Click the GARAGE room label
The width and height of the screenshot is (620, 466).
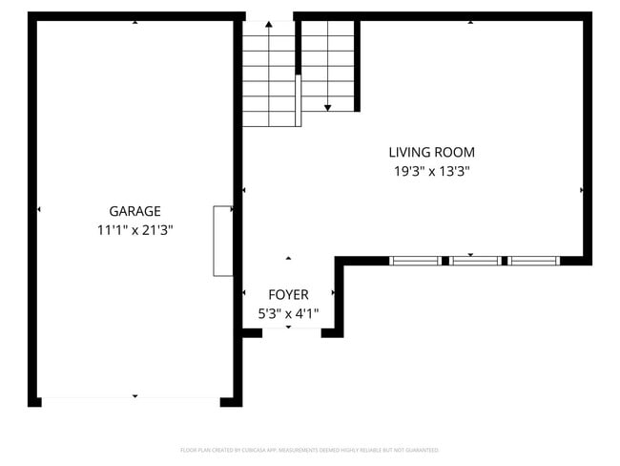[134, 211]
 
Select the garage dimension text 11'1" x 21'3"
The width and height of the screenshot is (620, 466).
[134, 230]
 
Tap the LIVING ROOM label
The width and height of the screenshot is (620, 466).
[431, 152]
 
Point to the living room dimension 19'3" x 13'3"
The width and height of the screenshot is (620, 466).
[431, 172]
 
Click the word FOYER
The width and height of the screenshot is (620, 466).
[288, 294]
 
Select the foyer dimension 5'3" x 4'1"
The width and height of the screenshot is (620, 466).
[288, 312]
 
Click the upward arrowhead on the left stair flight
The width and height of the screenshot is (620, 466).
[268, 23]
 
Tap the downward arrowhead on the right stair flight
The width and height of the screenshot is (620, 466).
[327, 108]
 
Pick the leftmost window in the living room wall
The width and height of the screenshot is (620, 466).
[415, 260]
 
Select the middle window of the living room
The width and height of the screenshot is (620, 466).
[474, 260]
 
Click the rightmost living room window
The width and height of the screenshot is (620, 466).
[533, 260]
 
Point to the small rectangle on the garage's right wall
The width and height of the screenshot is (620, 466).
[223, 241]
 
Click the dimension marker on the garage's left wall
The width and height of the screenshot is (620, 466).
[39, 209]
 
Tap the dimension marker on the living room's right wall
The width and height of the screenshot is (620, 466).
[582, 190]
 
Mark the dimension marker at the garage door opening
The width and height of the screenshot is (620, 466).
[134, 396]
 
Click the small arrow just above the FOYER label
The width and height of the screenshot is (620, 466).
[289, 258]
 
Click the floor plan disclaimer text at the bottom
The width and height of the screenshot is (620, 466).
[309, 450]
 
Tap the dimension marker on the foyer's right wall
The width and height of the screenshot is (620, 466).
[333, 292]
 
